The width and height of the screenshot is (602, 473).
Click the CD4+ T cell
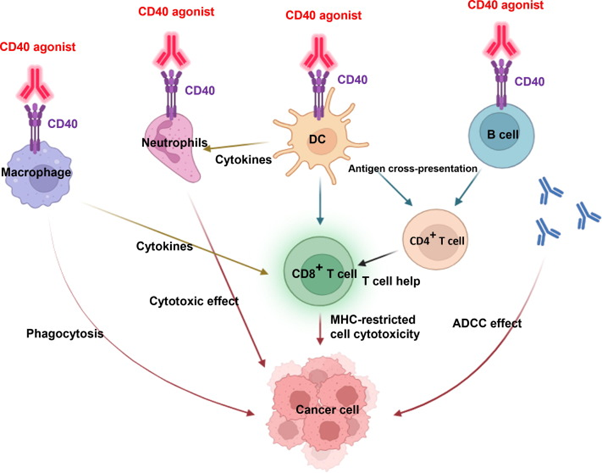tap(435, 240)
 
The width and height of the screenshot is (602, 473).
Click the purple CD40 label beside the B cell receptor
tap(530, 81)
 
